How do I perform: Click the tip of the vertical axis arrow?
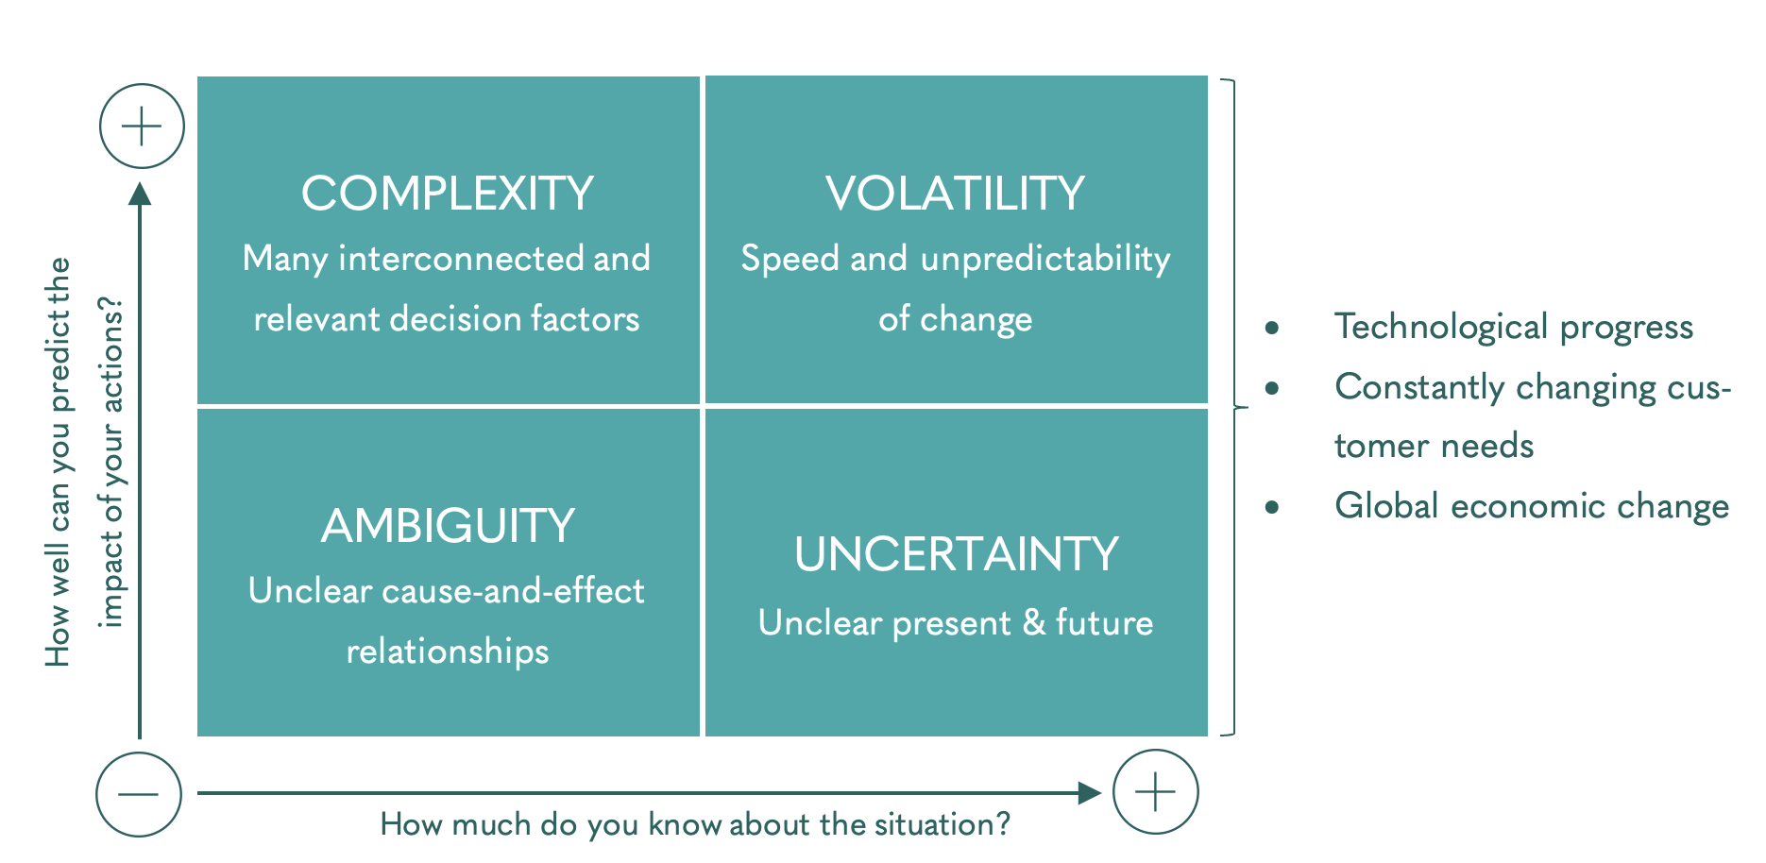140,182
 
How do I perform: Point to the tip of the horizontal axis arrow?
1101,793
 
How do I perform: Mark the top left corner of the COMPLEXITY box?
197,76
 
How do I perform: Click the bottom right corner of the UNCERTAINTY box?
1208,736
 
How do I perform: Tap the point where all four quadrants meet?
703,406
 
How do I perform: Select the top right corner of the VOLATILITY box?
1208,76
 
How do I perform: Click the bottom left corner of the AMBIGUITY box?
197,736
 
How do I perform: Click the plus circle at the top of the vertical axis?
142,127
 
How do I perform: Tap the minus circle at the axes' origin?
139,794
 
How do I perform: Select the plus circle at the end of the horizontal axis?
1156,792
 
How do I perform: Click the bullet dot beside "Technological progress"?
1272,328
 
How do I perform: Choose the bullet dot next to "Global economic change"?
1272,507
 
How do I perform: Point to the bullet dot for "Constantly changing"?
1272,387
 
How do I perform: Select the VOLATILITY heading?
956,194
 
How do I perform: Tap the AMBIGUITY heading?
448,526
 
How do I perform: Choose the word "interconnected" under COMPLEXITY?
461,259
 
